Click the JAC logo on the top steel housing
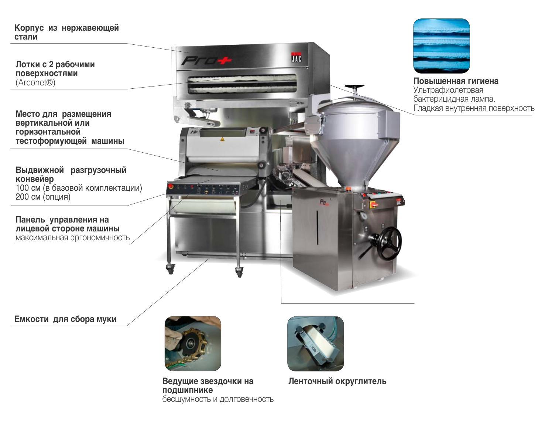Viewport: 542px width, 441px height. tap(296, 57)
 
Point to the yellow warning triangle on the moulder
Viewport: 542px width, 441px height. tap(222, 139)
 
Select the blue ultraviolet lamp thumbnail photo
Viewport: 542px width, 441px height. tap(441, 46)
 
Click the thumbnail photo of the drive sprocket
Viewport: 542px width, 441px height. tap(193, 343)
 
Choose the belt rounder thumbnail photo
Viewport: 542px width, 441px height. tap(315, 343)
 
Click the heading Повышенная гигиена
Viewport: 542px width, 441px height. tap(456, 81)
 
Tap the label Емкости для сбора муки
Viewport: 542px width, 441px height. tap(65, 319)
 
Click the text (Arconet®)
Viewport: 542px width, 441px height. tap(35, 82)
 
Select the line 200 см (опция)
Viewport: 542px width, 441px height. tap(43, 197)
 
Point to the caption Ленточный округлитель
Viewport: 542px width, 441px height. tap(337, 381)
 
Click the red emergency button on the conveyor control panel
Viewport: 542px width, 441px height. tap(171, 186)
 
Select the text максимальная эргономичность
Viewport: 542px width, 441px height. tap(72, 237)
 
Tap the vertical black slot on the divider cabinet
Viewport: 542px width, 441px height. tap(317, 227)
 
